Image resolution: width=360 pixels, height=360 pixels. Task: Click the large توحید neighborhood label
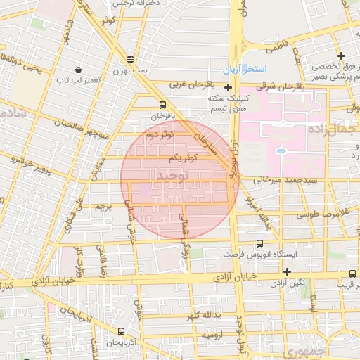174,174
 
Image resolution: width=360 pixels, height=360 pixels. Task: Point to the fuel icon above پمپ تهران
129,60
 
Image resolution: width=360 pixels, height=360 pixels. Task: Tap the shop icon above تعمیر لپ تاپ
77,70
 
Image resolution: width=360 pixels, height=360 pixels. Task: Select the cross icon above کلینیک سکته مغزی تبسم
228,87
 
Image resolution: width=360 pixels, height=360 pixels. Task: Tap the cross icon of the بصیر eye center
341,56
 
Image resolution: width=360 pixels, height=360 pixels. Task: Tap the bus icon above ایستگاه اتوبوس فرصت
259,243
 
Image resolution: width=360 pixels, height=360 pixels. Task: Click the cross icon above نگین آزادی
287,271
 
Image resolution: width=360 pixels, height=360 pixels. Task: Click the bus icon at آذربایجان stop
122,331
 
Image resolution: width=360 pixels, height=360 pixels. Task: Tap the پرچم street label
103,207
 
